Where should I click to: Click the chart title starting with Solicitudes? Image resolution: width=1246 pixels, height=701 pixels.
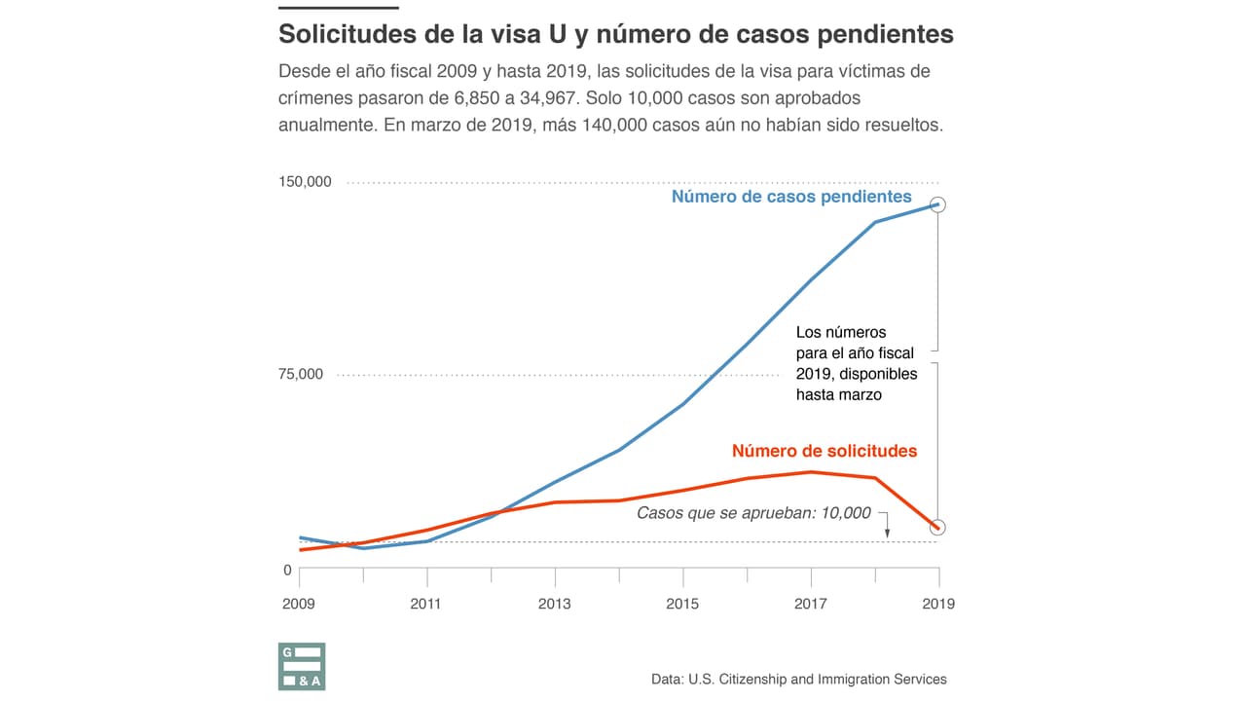click(615, 34)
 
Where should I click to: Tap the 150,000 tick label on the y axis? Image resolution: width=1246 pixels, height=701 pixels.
click(305, 182)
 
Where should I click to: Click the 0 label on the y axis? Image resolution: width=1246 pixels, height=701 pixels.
click(287, 571)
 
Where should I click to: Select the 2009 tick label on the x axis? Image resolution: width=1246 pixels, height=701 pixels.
click(299, 604)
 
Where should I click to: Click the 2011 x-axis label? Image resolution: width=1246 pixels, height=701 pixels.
click(426, 604)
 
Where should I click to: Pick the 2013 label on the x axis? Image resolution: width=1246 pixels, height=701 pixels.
click(555, 604)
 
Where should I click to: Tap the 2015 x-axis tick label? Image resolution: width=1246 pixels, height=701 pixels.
click(682, 604)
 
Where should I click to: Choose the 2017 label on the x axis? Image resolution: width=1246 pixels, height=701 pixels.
click(810, 604)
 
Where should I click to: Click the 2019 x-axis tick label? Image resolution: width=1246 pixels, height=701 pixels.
click(937, 604)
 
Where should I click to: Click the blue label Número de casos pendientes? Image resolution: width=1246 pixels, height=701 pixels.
click(791, 197)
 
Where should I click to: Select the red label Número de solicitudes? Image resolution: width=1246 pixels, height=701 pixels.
click(824, 451)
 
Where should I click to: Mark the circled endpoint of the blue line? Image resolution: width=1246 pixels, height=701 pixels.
click(937, 204)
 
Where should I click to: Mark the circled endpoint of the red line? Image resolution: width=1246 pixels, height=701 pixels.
click(937, 528)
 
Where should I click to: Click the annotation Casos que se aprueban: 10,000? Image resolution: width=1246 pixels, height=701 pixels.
click(753, 513)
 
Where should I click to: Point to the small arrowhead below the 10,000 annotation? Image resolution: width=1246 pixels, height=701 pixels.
click(887, 533)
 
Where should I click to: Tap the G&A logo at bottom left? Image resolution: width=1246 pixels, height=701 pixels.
click(302, 667)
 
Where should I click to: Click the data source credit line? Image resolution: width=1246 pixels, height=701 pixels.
click(798, 679)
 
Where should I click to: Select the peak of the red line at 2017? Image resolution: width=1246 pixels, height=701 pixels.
click(810, 472)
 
